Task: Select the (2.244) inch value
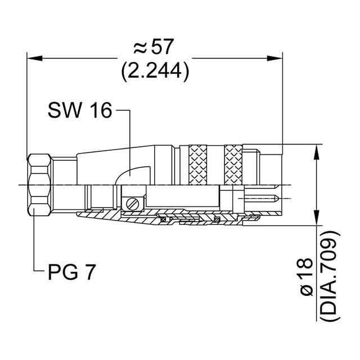pyautogui.click(x=154, y=70)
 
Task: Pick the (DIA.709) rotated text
pyautogui.click(x=331, y=276)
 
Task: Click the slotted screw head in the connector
pyautogui.click(x=132, y=203)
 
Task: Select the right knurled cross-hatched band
pyautogui.click(x=233, y=164)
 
